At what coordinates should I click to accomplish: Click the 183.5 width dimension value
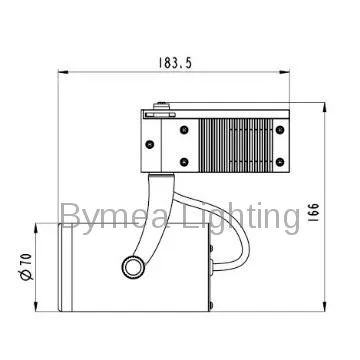coord(174,62)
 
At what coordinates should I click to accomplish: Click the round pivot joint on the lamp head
coord(132,266)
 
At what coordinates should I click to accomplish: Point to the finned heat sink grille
coord(235,140)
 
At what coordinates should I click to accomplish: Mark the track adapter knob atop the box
coord(162,103)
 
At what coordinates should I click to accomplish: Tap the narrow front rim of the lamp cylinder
coord(64,267)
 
